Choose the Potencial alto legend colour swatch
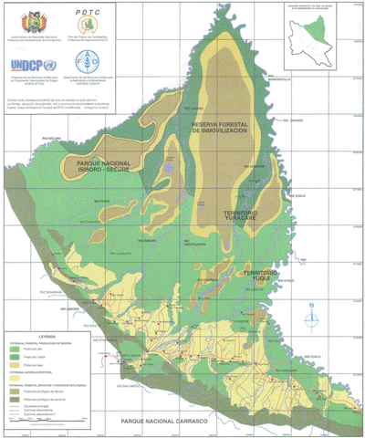(x=15, y=349)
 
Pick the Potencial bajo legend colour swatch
(x=15, y=364)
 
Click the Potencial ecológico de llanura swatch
(x=15, y=387)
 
